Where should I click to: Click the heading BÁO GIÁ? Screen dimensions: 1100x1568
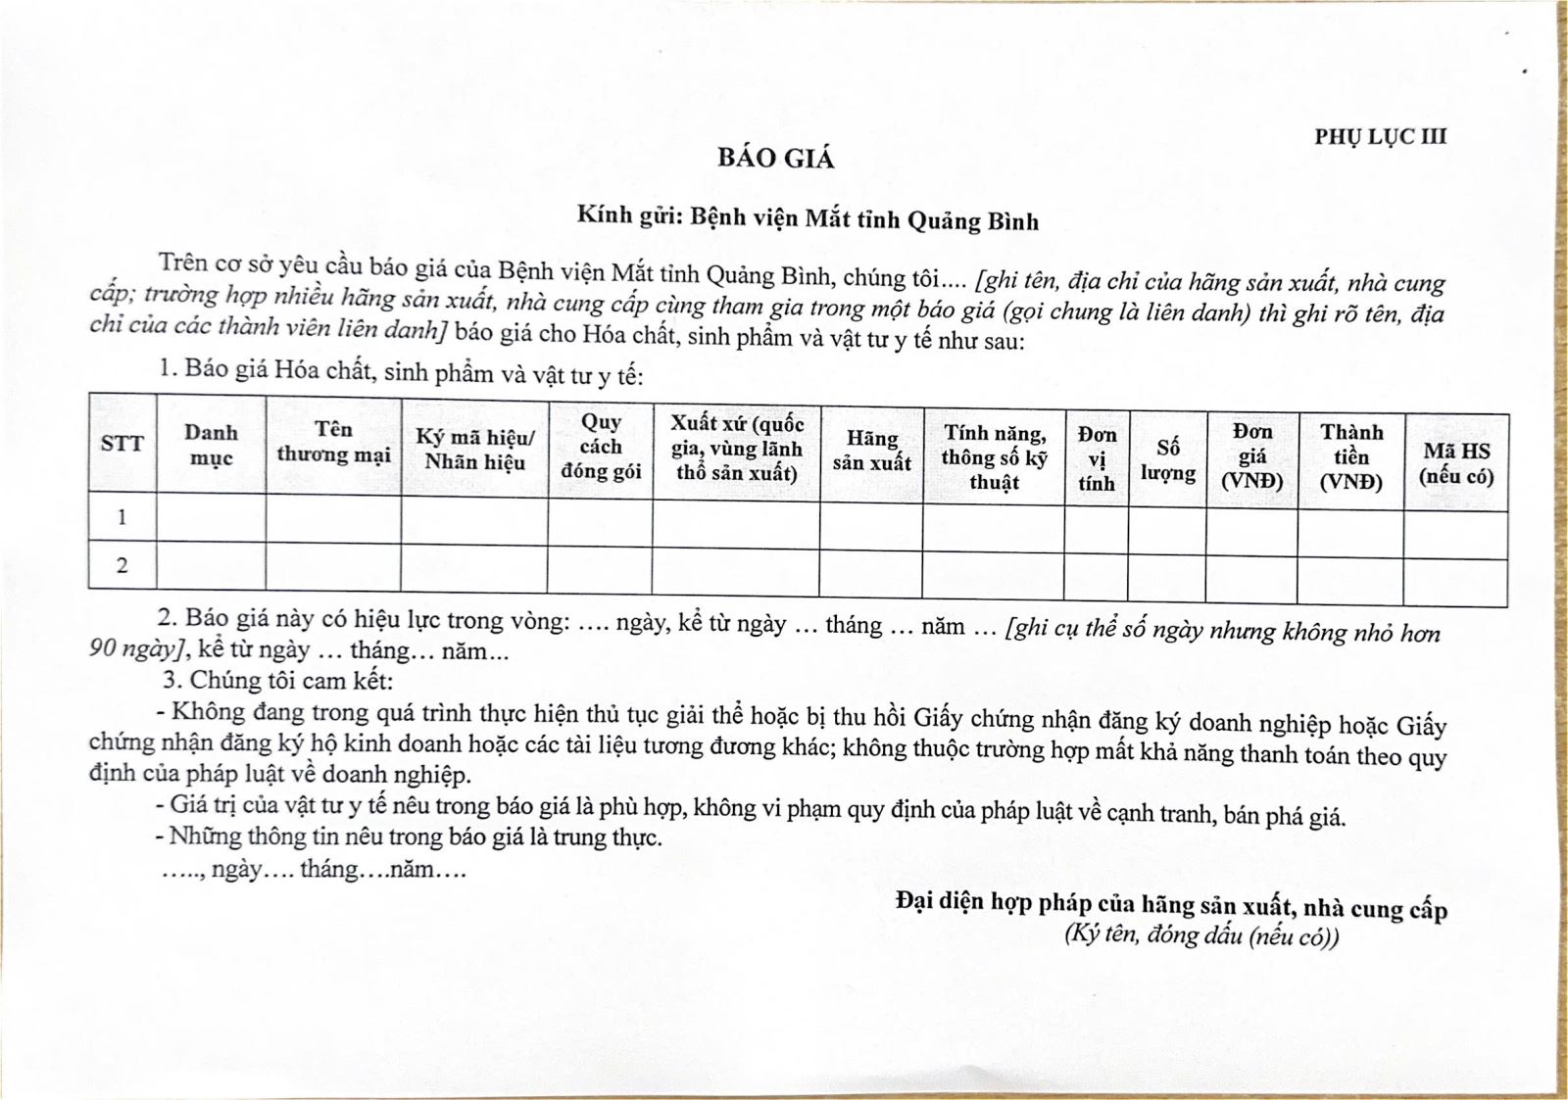(x=775, y=159)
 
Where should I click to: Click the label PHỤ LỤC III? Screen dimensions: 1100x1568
(x=1380, y=137)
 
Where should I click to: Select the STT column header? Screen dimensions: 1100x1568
(x=122, y=444)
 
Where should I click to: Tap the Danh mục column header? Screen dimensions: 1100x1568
(x=211, y=445)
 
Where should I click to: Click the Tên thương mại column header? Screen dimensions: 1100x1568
(x=333, y=442)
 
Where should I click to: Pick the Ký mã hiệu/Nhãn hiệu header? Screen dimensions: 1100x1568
(x=474, y=450)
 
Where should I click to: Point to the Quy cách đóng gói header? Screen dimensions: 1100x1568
(x=601, y=447)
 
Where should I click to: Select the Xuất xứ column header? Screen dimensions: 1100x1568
(x=736, y=449)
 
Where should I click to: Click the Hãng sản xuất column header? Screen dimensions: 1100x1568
(x=871, y=451)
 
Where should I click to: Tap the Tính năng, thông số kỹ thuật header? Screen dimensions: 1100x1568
(x=994, y=457)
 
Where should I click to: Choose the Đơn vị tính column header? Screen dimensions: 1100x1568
(x=1097, y=458)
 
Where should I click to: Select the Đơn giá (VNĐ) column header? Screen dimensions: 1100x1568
(x=1251, y=456)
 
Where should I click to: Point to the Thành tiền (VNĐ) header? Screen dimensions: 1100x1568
(x=1350, y=457)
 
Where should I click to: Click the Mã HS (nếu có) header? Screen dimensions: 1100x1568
(x=1456, y=463)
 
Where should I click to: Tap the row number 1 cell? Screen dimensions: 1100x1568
(x=122, y=516)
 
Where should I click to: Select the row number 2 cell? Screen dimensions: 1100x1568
(x=122, y=565)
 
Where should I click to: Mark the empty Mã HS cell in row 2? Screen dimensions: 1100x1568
(x=1455, y=584)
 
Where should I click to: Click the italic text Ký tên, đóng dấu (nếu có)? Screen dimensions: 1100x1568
(x=1201, y=935)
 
